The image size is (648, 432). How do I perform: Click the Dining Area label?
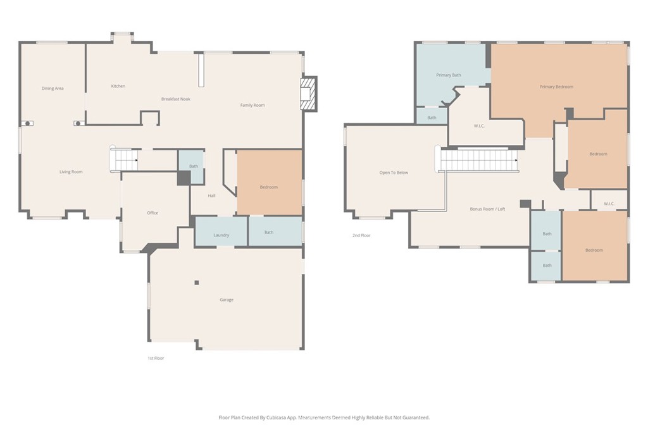coord(53,89)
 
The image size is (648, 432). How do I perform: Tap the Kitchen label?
coord(118,86)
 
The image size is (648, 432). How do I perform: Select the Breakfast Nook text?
coord(175,99)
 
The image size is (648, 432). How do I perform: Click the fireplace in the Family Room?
coord(308,93)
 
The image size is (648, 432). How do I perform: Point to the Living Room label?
coord(71,172)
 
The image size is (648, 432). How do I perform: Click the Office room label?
coord(153,213)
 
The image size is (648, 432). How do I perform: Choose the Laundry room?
coord(221,235)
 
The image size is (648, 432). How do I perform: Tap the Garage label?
coord(227,300)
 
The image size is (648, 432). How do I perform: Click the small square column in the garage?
coord(197,283)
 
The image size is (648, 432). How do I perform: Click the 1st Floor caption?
coord(156,358)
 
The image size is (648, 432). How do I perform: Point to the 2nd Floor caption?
coord(362,235)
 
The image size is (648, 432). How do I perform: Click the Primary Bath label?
coord(449,75)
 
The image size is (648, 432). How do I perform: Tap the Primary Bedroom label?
coord(556,87)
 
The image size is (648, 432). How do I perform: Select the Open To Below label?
coord(394,173)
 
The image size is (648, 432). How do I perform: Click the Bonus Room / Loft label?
coord(487,209)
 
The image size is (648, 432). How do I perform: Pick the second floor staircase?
coord(479,160)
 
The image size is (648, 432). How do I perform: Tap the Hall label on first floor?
coord(211,196)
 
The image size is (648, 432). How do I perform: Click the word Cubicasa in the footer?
coord(287,417)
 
